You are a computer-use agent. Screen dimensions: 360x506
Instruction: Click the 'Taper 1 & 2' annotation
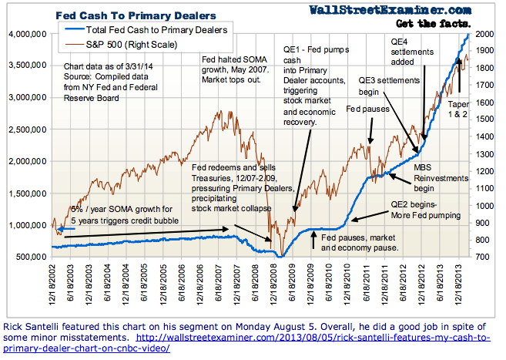[460, 104]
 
